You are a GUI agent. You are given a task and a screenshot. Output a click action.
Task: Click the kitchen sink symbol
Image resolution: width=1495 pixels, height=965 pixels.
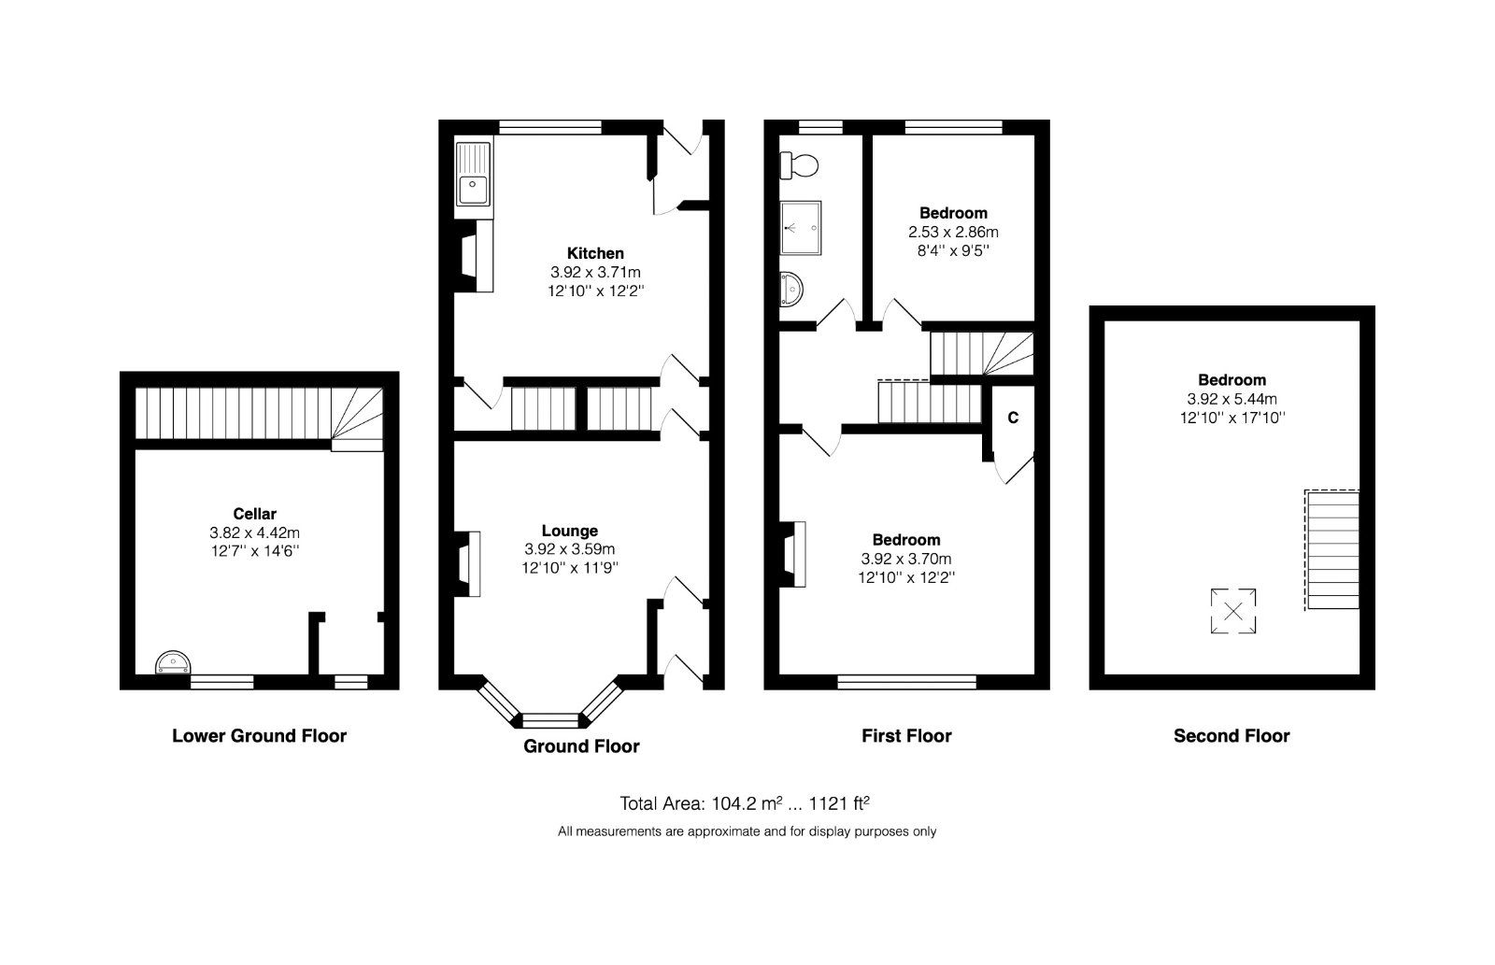(473, 178)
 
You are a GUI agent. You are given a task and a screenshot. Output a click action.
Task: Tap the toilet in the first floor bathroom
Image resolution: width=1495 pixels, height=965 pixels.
(800, 166)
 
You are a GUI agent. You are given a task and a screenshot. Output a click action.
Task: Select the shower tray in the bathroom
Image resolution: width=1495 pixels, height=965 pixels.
(802, 227)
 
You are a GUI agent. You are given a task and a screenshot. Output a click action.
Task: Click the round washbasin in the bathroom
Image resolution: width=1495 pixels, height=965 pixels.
(792, 289)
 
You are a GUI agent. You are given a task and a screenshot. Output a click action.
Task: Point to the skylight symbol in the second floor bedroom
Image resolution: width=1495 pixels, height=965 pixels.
(1232, 612)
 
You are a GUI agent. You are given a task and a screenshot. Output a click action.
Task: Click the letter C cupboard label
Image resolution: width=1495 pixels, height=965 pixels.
(1013, 418)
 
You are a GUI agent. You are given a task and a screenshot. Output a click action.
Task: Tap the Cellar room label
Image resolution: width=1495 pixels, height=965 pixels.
(254, 513)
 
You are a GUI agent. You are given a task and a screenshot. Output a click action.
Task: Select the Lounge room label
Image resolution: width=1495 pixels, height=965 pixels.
(569, 531)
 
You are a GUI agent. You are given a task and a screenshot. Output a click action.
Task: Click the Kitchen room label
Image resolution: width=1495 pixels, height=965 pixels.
(595, 253)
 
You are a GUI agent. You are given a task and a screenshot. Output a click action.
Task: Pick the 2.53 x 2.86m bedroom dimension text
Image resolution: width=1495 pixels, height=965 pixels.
(953, 232)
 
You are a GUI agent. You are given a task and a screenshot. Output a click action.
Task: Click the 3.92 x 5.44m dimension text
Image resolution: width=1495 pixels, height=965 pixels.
(1232, 399)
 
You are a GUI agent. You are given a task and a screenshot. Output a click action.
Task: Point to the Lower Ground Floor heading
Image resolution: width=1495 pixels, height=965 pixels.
(259, 736)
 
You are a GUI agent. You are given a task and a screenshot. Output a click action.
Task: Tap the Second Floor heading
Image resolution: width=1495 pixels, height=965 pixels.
(1232, 736)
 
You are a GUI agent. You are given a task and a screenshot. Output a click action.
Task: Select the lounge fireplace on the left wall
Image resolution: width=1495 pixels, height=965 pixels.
(469, 563)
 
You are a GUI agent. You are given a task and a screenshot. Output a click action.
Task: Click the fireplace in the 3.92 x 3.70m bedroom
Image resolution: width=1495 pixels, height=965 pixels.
(794, 554)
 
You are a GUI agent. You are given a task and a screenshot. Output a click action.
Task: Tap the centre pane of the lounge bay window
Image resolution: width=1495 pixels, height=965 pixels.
(549, 720)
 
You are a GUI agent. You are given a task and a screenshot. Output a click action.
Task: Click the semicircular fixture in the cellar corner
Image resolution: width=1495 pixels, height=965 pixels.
(173, 663)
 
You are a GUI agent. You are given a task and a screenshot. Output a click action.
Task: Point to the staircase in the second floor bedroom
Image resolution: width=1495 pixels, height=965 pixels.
(1332, 550)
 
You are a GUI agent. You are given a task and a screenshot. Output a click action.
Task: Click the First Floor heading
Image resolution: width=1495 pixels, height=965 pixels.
(906, 736)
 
